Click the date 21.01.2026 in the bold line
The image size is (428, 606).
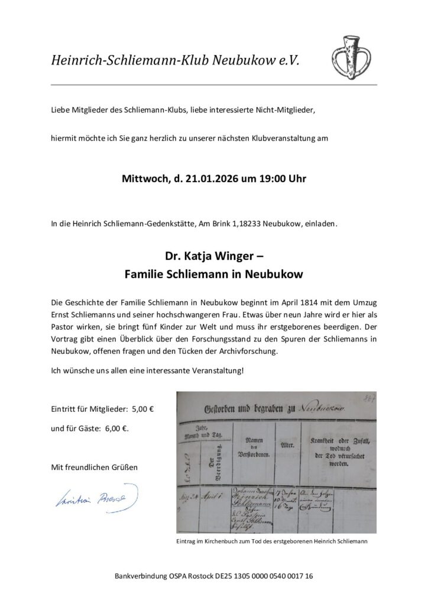[x=197, y=178]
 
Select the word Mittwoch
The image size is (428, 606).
[x=145, y=178]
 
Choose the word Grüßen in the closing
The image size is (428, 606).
[x=124, y=467]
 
